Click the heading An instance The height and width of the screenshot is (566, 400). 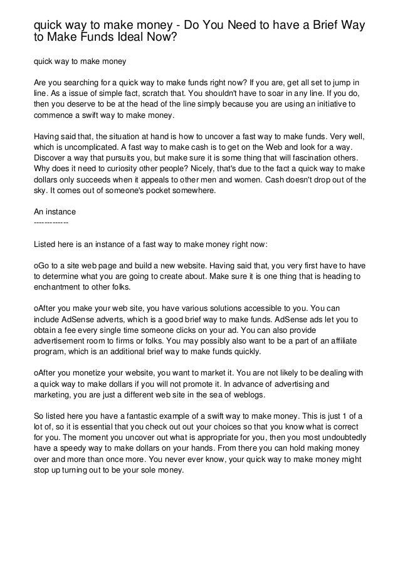pyautogui.click(x=54, y=212)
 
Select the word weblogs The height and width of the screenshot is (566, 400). pyautogui.click(x=250, y=396)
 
